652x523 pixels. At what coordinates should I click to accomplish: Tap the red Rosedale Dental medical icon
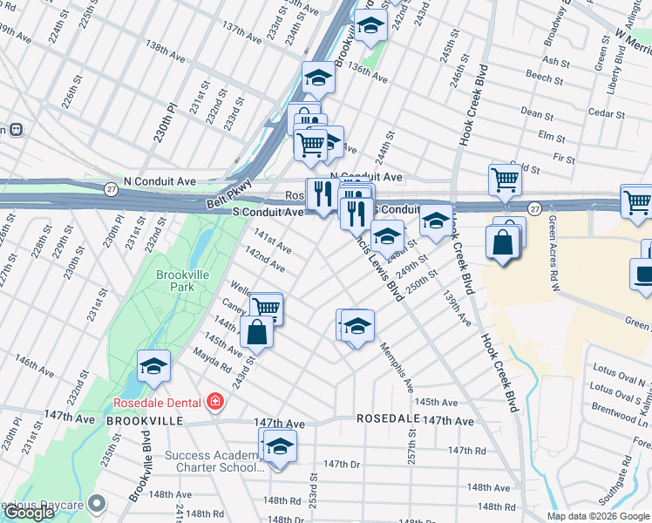(x=214, y=402)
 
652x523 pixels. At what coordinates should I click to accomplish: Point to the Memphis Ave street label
(x=397, y=366)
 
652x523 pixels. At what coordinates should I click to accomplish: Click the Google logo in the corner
(x=29, y=513)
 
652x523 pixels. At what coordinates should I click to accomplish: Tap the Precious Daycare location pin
(x=97, y=503)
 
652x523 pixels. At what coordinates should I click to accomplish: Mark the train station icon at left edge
(x=15, y=129)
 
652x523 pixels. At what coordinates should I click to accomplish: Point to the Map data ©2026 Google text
(x=597, y=516)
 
